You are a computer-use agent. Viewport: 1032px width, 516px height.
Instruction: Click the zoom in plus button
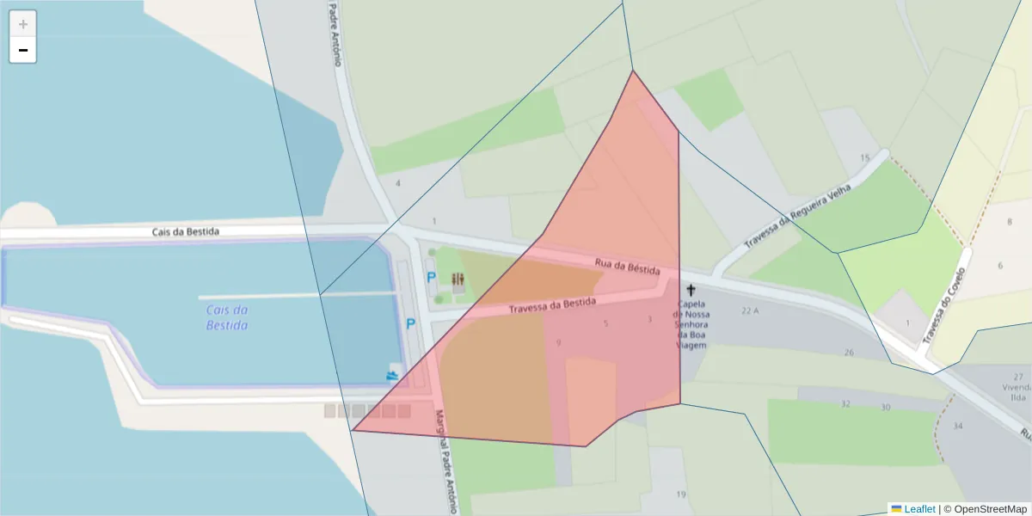pyautogui.click(x=22, y=24)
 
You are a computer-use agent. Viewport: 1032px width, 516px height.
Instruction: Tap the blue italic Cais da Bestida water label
pyautogui.click(x=227, y=317)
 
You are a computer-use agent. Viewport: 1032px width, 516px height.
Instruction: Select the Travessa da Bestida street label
pyautogui.click(x=552, y=305)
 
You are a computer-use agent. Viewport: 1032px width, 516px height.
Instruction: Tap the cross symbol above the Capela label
pyautogui.click(x=691, y=291)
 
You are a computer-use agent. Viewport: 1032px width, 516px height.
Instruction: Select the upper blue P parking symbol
pyautogui.click(x=431, y=278)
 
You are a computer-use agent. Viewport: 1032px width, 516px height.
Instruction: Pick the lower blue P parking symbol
pyautogui.click(x=411, y=324)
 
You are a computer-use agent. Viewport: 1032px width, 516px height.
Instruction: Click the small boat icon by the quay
pyautogui.click(x=393, y=374)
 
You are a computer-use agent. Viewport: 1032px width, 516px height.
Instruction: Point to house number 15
pyautogui.click(x=864, y=157)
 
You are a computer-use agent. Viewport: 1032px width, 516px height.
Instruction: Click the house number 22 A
pyautogui.click(x=751, y=310)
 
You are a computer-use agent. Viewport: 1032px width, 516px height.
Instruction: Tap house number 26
pyautogui.click(x=849, y=353)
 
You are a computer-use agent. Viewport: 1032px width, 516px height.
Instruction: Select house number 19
pyautogui.click(x=681, y=494)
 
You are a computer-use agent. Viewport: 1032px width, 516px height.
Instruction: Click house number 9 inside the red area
pyautogui.click(x=559, y=343)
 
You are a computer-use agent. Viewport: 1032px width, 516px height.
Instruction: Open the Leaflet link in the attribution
pyautogui.click(x=919, y=509)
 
